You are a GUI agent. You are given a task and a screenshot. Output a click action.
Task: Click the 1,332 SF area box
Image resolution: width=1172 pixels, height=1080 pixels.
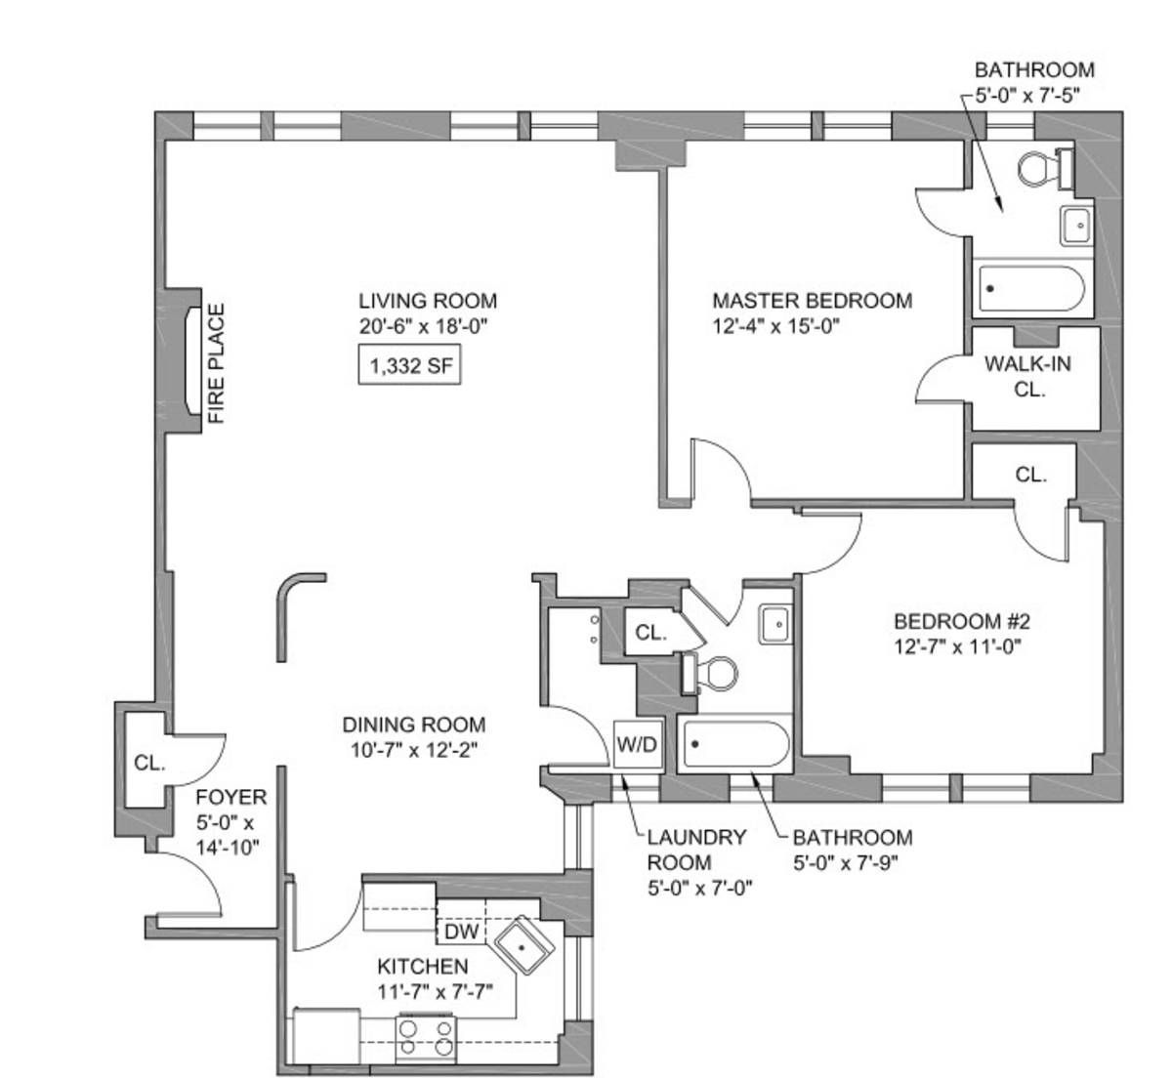(x=409, y=364)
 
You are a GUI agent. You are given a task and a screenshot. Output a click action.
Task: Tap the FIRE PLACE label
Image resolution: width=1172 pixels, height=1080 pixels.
(x=216, y=363)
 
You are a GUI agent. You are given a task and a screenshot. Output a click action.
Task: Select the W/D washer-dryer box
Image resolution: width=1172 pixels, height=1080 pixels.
(x=638, y=744)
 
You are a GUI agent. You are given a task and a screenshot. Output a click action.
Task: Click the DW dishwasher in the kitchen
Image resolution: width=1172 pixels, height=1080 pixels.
(x=462, y=932)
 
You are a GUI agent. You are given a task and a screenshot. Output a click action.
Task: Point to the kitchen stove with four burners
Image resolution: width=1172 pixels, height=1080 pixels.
(x=426, y=1039)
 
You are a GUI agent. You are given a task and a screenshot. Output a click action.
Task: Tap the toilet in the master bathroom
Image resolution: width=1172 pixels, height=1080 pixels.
(x=1045, y=168)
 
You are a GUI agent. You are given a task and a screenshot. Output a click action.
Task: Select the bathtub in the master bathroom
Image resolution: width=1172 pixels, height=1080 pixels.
(x=1032, y=289)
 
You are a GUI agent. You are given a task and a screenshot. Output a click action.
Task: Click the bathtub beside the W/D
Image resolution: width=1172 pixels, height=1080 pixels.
(x=735, y=744)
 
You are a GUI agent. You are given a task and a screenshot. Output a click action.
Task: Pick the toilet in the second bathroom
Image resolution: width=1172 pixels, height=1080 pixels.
(x=710, y=674)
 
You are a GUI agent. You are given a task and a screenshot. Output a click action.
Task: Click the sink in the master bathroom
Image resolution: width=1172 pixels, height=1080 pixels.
(x=1075, y=226)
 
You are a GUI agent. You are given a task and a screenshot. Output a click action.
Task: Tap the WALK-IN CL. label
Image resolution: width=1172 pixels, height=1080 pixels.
(x=1027, y=376)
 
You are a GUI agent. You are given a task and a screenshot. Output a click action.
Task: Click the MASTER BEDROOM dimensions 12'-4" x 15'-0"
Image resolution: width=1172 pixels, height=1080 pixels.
(x=775, y=326)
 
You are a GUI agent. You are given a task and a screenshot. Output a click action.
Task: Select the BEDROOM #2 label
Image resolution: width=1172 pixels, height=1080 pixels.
(x=962, y=621)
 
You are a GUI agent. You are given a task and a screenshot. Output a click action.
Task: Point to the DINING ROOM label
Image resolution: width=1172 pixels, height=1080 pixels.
(x=414, y=725)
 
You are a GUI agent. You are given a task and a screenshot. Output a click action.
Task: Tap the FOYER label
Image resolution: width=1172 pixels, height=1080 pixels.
(x=230, y=797)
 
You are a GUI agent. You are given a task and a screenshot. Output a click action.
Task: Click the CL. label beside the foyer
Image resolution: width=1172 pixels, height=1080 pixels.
(x=149, y=763)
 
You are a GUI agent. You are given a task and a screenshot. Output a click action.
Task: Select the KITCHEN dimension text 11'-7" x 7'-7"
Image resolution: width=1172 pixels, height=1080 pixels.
(x=434, y=992)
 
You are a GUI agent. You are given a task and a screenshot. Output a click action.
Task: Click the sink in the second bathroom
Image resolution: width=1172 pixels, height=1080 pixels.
(x=775, y=625)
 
